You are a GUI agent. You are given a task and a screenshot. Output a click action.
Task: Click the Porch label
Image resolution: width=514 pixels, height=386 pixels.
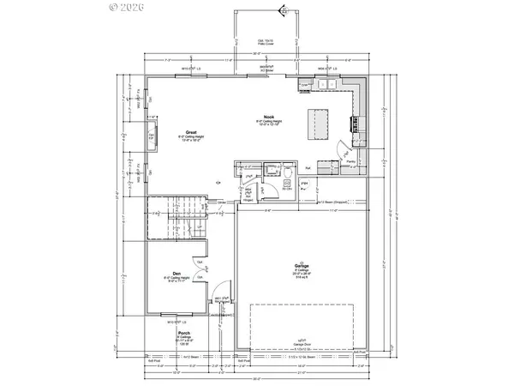183,333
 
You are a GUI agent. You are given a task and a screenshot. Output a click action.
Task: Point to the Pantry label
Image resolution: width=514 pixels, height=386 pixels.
350,160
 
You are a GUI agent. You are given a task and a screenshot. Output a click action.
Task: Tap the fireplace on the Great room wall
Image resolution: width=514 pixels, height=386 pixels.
152,136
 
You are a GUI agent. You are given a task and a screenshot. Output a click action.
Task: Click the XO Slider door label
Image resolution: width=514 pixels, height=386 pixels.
253,69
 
